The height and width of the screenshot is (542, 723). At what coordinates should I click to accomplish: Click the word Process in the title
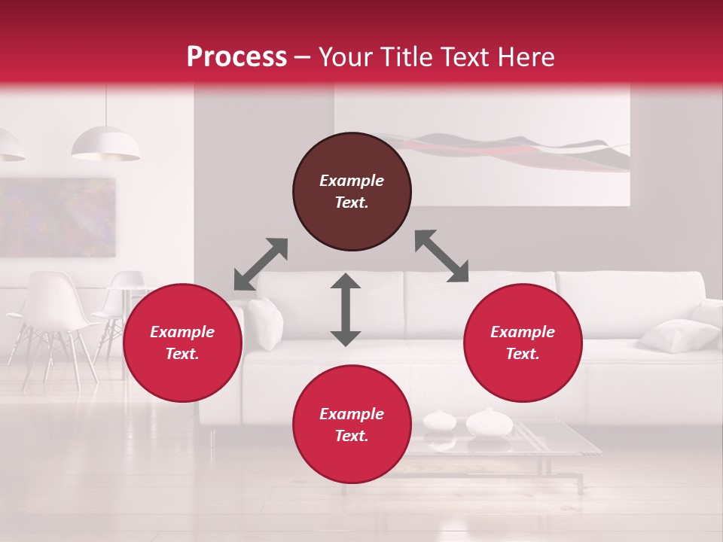click(236, 57)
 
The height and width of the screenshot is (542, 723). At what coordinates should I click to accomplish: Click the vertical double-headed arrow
click(346, 309)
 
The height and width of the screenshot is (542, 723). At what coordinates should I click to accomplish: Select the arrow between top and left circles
click(261, 264)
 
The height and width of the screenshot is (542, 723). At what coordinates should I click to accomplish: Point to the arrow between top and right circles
click(442, 256)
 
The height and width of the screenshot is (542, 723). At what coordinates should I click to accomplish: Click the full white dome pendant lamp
click(105, 144)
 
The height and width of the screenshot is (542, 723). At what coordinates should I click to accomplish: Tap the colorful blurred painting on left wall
click(57, 218)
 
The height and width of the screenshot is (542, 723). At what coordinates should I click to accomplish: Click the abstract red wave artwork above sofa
click(512, 151)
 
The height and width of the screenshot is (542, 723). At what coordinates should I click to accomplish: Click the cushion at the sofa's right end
click(678, 334)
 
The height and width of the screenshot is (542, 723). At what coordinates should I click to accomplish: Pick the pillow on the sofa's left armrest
click(265, 322)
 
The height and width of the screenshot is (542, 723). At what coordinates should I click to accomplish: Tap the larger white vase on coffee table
click(489, 423)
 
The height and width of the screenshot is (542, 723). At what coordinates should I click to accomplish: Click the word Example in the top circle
click(352, 181)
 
